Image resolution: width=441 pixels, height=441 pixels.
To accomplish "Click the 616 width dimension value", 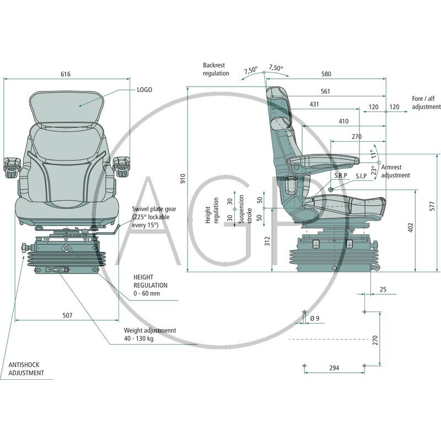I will click(66, 74).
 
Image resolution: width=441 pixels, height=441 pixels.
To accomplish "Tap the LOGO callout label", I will click(144, 89).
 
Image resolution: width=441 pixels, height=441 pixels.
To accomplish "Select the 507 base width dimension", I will click(66, 315).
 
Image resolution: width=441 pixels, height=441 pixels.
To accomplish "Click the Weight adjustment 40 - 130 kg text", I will click(149, 334).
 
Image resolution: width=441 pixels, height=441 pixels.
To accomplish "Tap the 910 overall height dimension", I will click(183, 178).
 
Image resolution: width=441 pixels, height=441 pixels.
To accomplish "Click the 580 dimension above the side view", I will click(326, 74).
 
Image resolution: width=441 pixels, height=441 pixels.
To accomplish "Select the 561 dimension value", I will click(326, 91).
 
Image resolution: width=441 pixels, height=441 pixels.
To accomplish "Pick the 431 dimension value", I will click(314, 104).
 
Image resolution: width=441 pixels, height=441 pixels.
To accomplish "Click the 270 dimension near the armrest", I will click(357, 137).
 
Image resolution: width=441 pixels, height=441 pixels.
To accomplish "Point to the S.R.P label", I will click(339, 176).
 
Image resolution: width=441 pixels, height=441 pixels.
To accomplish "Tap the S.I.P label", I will click(361, 176).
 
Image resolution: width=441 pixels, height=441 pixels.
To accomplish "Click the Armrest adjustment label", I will click(395, 171).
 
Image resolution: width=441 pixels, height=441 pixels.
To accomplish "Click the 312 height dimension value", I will click(267, 240).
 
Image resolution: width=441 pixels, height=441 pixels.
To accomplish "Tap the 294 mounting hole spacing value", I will click(334, 368).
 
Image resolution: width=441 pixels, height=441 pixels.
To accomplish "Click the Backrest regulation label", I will click(216, 69).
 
